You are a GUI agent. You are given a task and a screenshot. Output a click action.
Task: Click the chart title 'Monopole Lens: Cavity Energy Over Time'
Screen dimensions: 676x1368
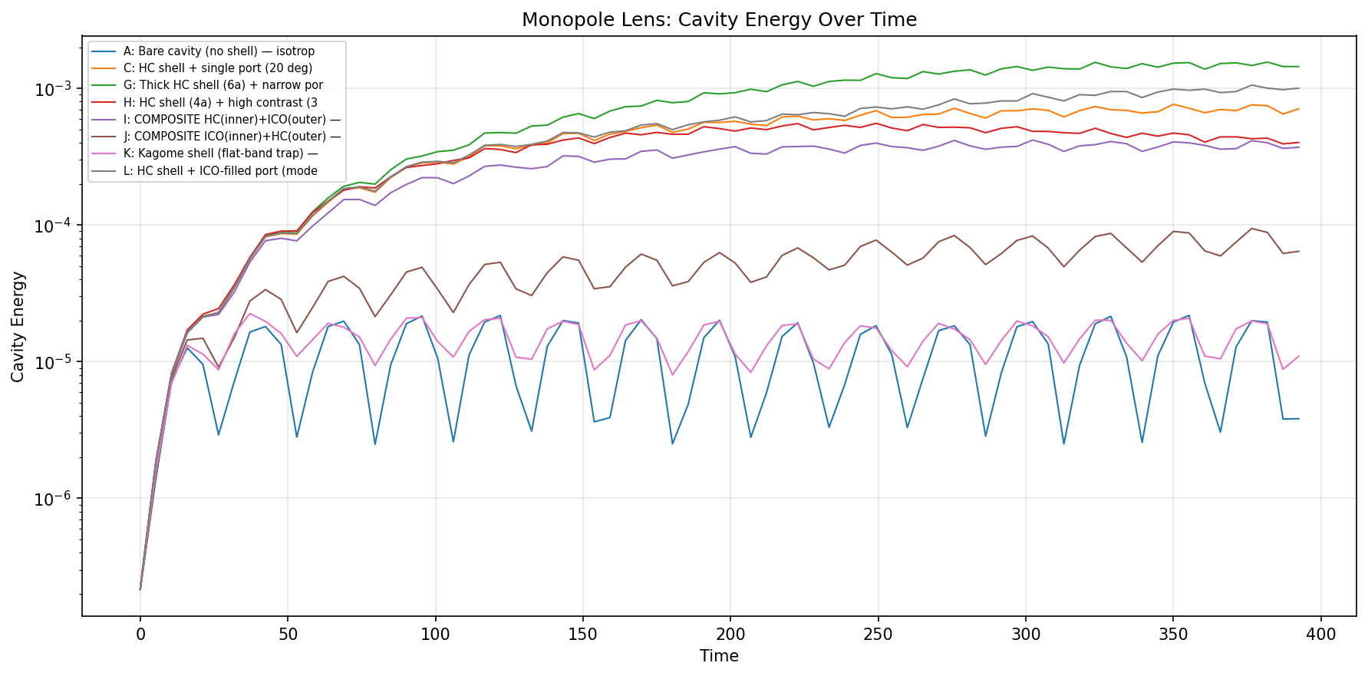(719, 20)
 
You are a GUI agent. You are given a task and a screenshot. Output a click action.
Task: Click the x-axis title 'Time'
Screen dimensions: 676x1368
(719, 656)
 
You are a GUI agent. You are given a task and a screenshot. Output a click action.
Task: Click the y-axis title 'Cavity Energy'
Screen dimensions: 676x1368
(18, 326)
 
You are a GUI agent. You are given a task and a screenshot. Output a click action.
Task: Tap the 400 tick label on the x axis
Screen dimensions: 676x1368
(1321, 635)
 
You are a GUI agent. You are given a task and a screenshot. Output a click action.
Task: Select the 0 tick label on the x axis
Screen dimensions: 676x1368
(140, 635)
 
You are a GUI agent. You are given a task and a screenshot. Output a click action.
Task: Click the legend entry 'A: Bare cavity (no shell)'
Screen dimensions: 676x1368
(219, 51)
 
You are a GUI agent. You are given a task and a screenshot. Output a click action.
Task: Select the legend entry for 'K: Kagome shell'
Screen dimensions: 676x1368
(220, 153)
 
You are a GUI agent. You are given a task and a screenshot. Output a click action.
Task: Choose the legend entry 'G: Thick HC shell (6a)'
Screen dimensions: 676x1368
(223, 85)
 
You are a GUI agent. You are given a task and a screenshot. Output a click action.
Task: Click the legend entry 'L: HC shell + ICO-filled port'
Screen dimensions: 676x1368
(220, 171)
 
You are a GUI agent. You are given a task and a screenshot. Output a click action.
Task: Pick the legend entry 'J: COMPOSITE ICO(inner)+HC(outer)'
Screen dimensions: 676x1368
(232, 137)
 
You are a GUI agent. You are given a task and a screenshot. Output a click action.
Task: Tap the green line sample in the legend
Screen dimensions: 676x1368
(104, 85)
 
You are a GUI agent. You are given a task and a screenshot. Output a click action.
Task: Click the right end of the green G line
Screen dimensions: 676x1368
(1299, 67)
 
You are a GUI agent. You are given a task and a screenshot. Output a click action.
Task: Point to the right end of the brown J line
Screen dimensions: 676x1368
(1299, 251)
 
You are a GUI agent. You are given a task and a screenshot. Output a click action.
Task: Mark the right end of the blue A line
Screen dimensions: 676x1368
(1299, 418)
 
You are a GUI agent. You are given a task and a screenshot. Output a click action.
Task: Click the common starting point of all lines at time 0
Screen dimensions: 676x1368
(140, 589)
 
